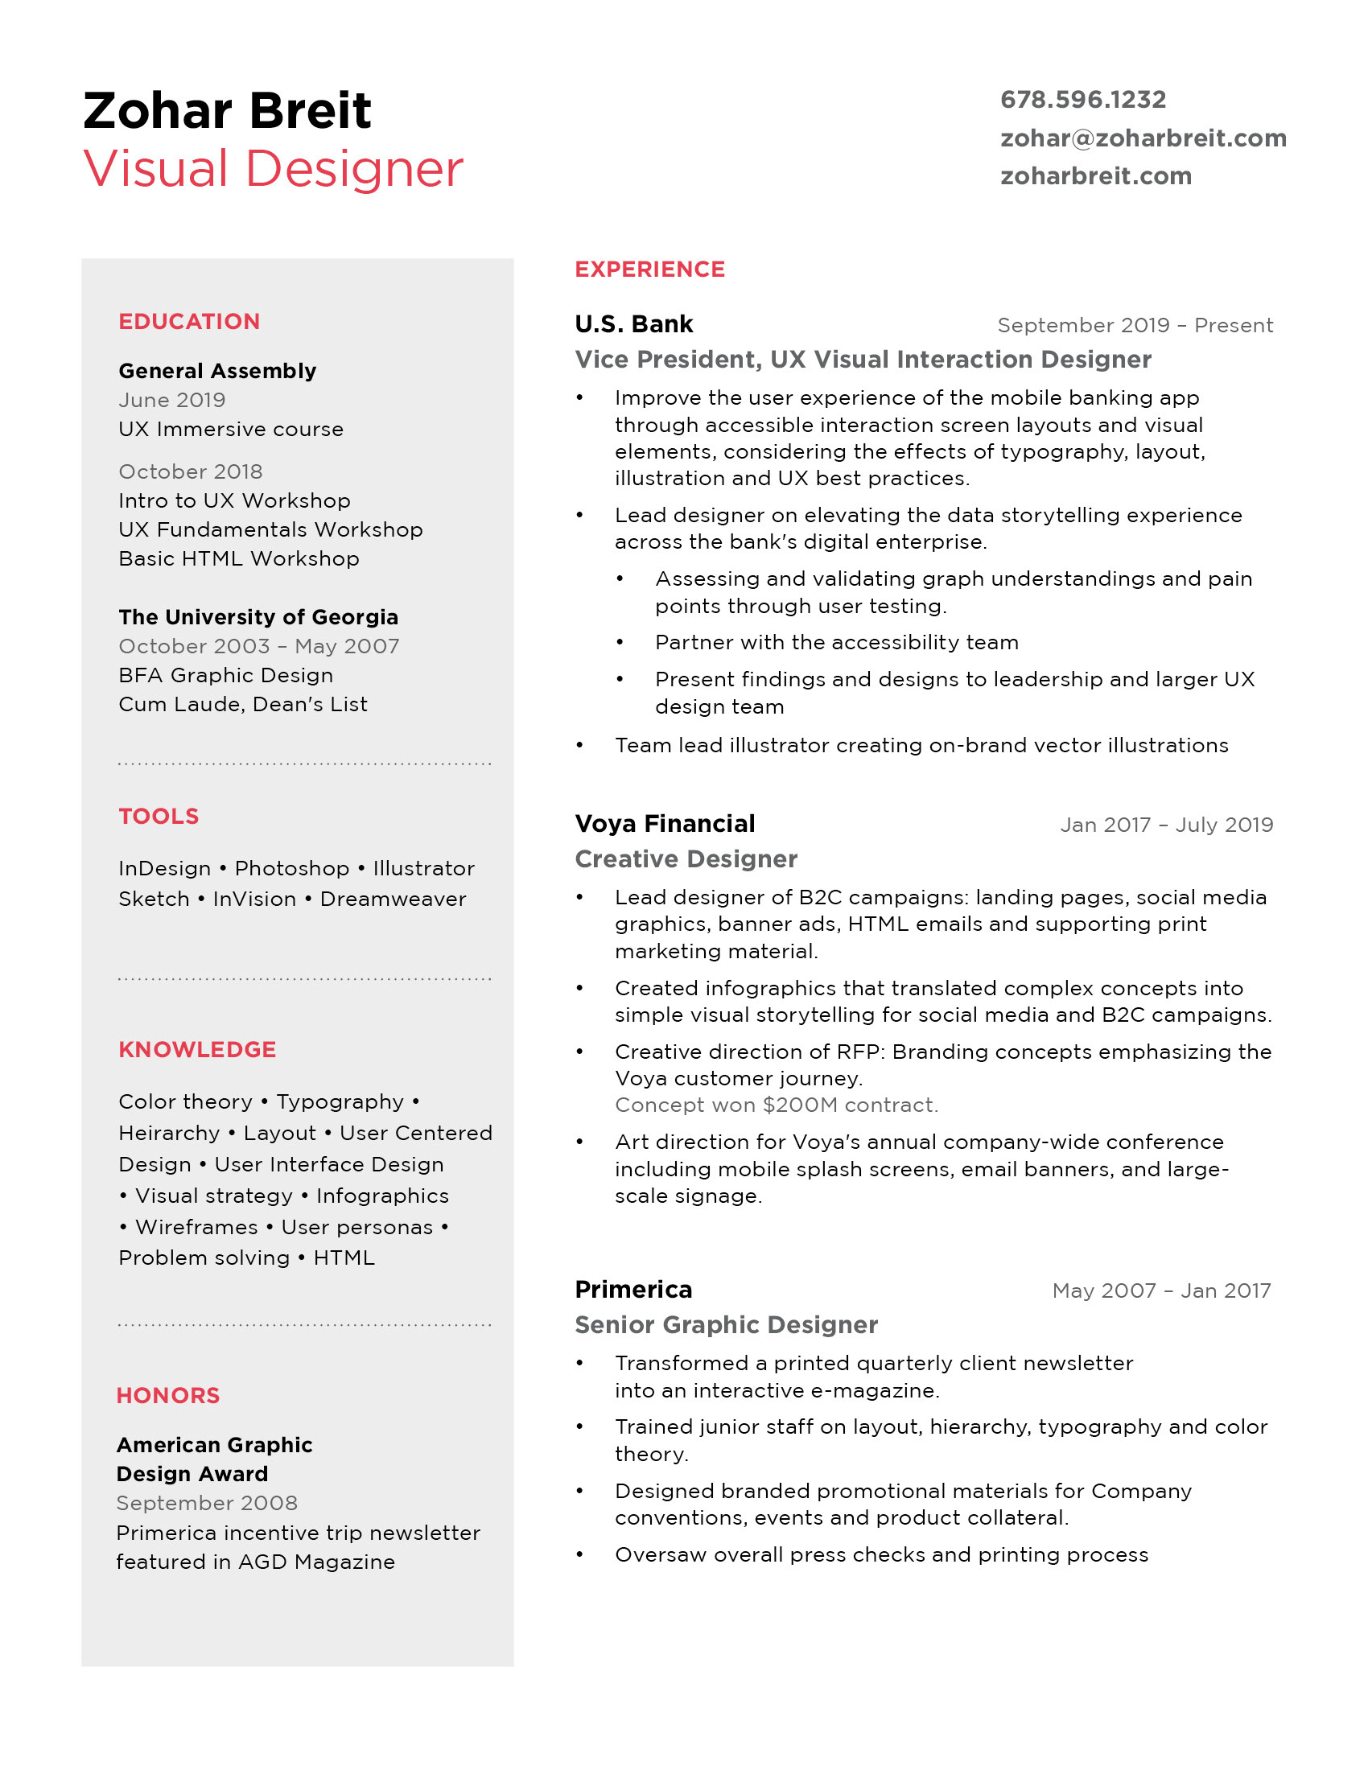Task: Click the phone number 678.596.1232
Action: point(1082,100)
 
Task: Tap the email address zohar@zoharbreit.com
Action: point(1143,138)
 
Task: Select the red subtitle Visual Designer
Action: point(273,170)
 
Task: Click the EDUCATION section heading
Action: point(189,322)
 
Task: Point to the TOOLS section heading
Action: point(158,816)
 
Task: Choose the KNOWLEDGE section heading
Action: point(197,1049)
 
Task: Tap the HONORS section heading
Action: point(167,1396)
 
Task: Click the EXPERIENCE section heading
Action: point(649,269)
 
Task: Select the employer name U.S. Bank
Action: point(634,324)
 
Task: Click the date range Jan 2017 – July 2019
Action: point(1166,825)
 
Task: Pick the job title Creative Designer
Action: point(686,859)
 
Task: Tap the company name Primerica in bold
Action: point(633,1290)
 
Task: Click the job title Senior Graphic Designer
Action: point(726,1325)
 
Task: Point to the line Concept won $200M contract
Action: point(776,1105)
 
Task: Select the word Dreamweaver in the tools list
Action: point(393,899)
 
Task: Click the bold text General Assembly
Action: point(217,371)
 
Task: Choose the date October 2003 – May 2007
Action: point(258,647)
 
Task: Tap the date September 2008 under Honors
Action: point(207,1504)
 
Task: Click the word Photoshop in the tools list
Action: point(292,869)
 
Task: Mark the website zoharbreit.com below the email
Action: point(1096,177)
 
